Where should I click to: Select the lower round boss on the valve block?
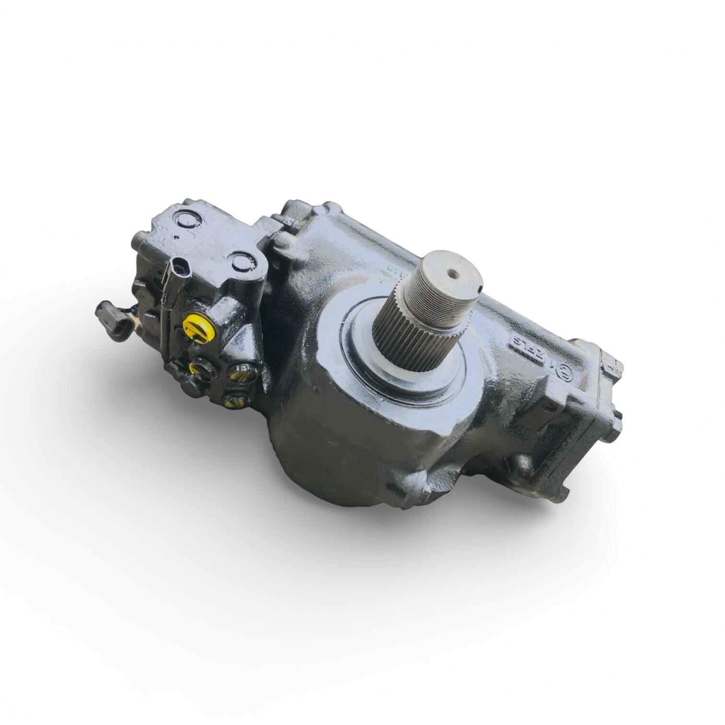tap(241, 262)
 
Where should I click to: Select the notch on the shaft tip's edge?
tap(480, 290)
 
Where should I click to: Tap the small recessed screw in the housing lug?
tap(548, 406)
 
